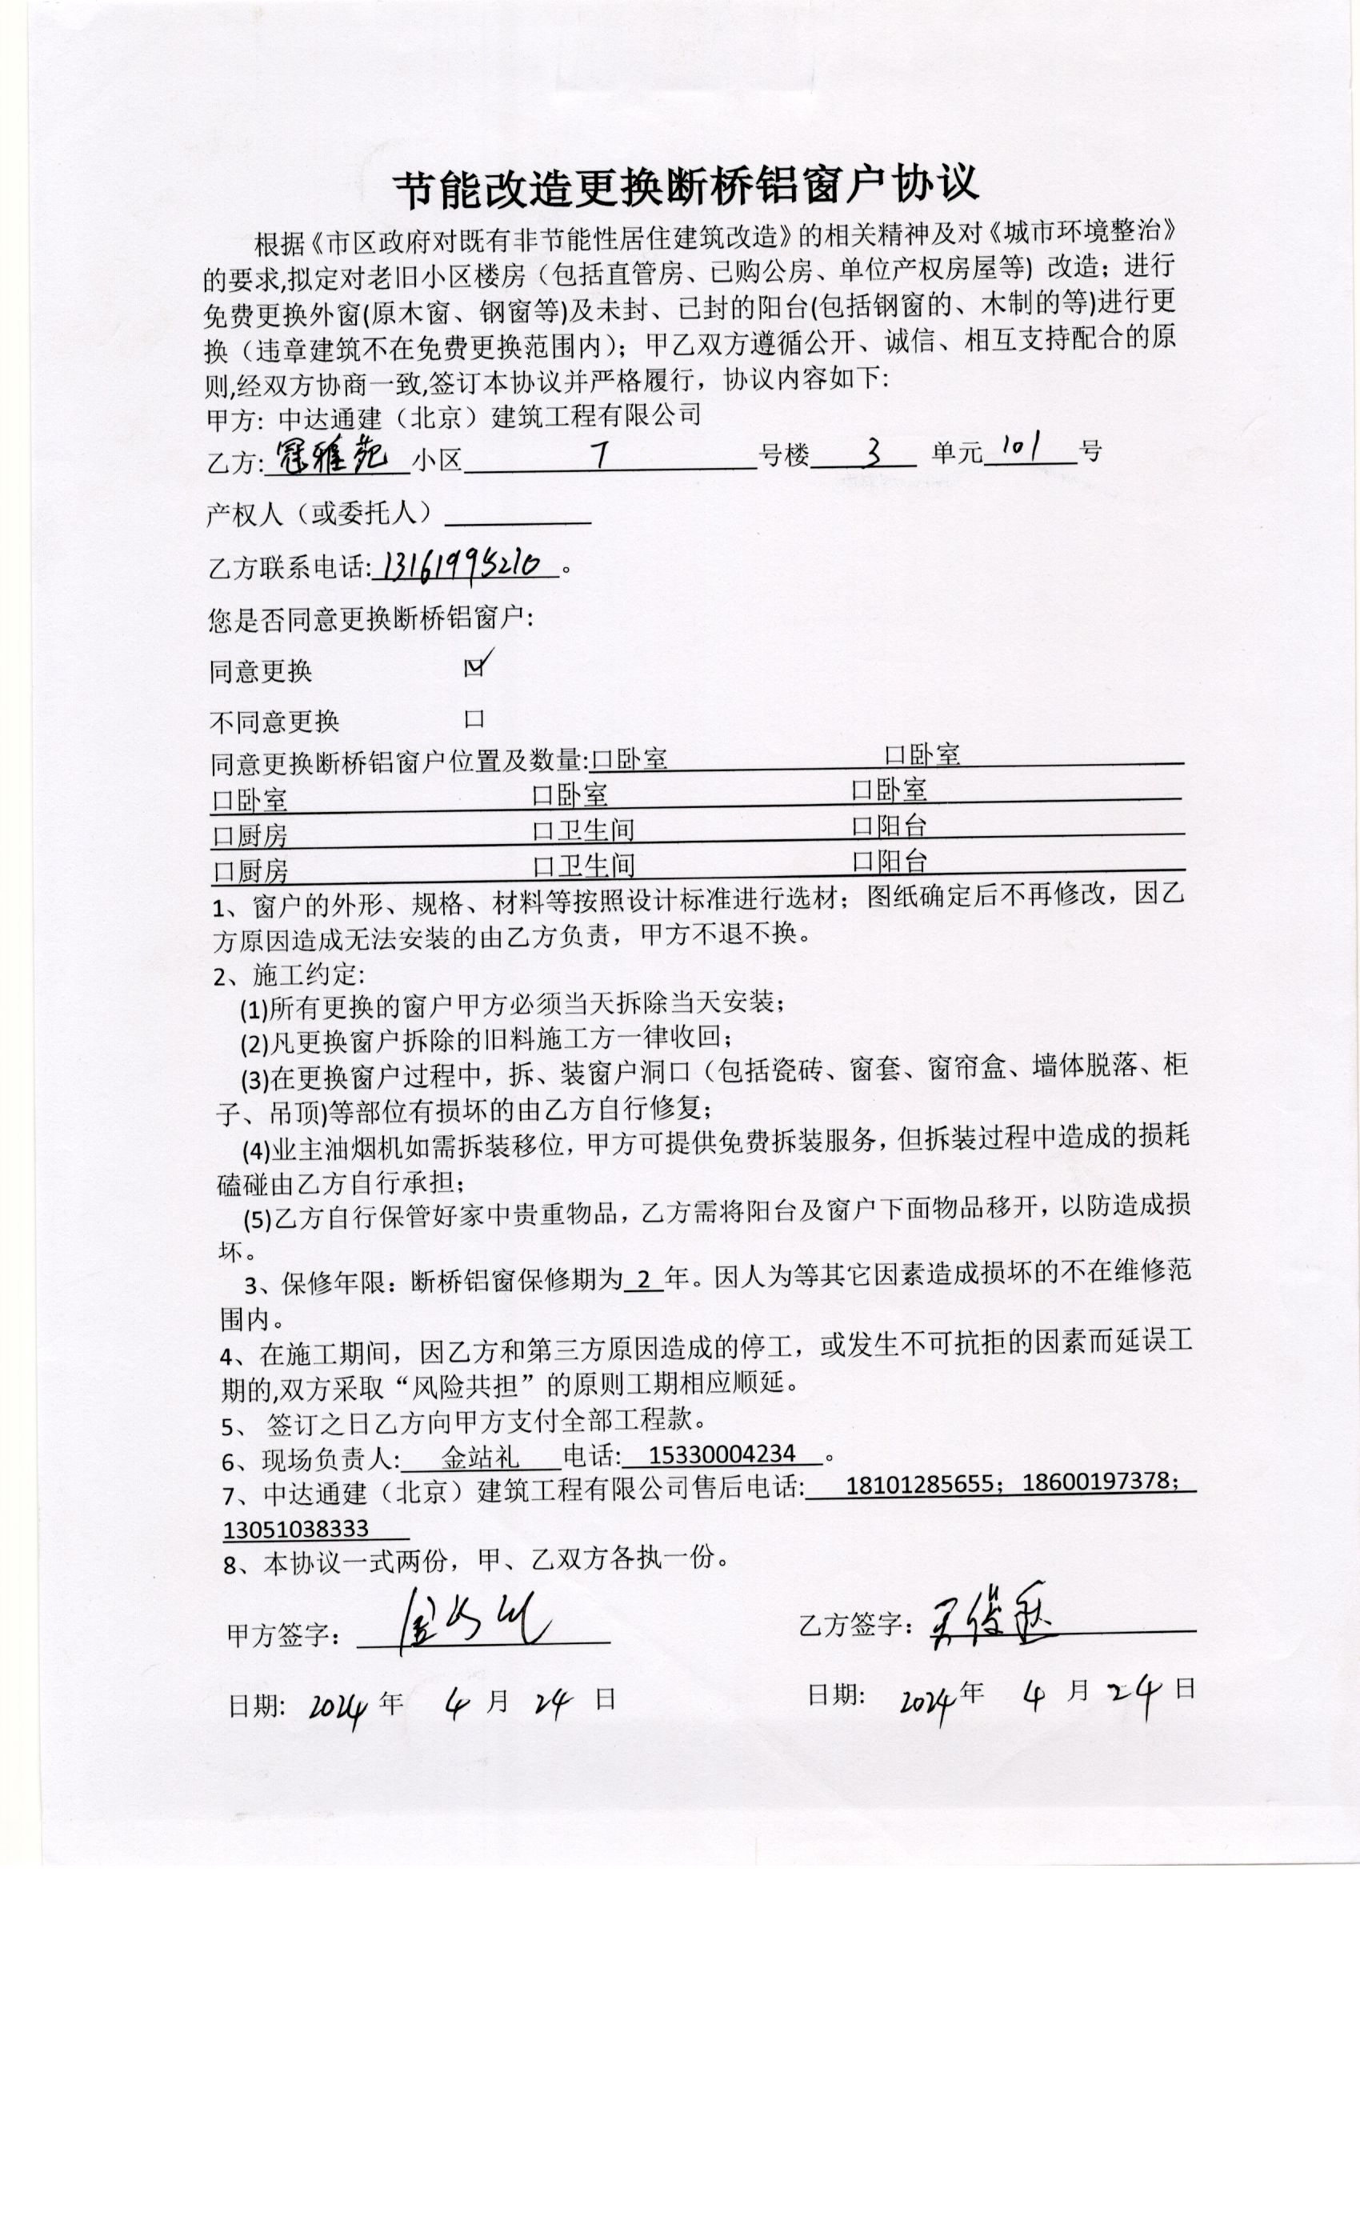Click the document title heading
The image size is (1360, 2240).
pyautogui.click(x=686, y=186)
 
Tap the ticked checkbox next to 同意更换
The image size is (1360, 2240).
pyautogui.click(x=474, y=666)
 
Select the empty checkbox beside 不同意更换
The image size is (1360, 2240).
pyautogui.click(x=474, y=719)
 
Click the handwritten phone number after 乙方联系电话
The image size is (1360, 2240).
pyautogui.click(x=464, y=565)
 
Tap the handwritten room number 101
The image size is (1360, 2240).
pyautogui.click(x=1026, y=446)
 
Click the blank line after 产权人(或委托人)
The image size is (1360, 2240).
pyautogui.click(x=518, y=516)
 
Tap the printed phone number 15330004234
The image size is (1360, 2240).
pyautogui.click(x=722, y=1454)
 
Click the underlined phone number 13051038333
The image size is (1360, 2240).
pyautogui.click(x=295, y=1528)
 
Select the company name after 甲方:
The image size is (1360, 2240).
pyautogui.click(x=489, y=416)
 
